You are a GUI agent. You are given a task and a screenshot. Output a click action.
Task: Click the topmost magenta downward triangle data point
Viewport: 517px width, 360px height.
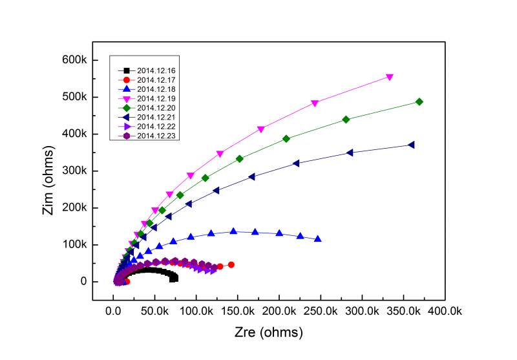390,77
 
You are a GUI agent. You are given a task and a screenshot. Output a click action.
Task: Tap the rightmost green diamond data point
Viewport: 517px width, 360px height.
419,101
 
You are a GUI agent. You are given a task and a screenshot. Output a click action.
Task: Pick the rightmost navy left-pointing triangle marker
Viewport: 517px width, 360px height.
411,145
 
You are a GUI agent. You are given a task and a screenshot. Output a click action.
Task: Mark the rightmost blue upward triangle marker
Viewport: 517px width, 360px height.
318,239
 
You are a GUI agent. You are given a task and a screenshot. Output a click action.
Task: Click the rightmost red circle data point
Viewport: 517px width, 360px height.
231,264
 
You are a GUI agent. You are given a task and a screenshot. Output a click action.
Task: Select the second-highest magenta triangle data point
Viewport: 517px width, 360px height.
315,103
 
